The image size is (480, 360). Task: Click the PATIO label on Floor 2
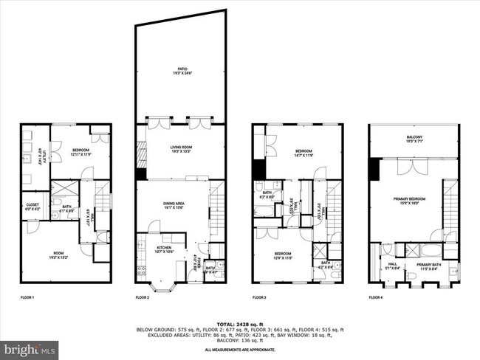[176, 71]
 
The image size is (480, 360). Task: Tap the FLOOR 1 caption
[27, 297]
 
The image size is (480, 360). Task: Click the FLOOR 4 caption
[377, 297]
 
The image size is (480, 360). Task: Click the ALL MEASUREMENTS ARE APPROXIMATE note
[239, 349]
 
